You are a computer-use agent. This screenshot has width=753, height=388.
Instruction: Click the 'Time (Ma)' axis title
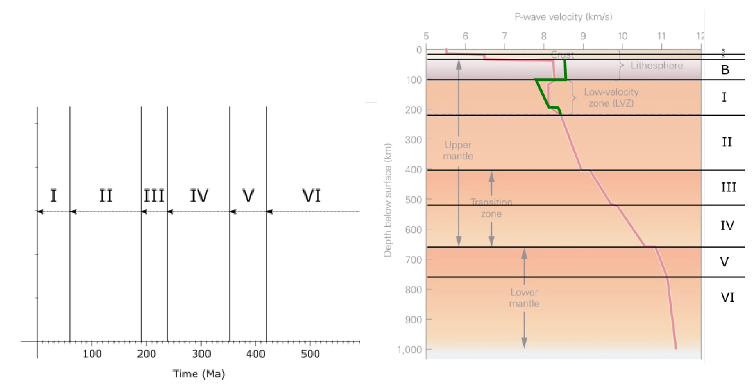coord(199,374)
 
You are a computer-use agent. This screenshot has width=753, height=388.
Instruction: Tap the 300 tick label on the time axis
coord(201,354)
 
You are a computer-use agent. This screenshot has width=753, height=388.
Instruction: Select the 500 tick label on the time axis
coord(310,354)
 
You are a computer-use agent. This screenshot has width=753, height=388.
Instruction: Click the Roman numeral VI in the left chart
coord(312,196)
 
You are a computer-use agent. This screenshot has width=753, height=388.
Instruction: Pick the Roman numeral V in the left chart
coord(248,196)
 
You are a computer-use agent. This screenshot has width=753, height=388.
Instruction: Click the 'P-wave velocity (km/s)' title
coord(563,17)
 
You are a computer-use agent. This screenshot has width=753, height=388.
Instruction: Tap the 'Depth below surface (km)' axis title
coord(388,200)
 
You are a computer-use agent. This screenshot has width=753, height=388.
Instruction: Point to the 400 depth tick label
coord(413,170)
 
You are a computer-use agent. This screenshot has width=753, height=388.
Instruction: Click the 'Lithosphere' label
coord(656,66)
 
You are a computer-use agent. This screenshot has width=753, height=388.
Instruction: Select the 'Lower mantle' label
coord(524,298)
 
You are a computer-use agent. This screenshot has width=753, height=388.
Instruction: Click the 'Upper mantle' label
coord(458,150)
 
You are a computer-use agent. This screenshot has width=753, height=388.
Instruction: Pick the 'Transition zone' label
coord(491,208)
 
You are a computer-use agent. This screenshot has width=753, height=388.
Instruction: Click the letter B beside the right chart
coord(725,70)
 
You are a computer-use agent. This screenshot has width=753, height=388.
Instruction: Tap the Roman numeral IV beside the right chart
coord(727,226)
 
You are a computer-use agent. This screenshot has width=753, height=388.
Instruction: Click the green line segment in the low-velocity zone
coord(542,94)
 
